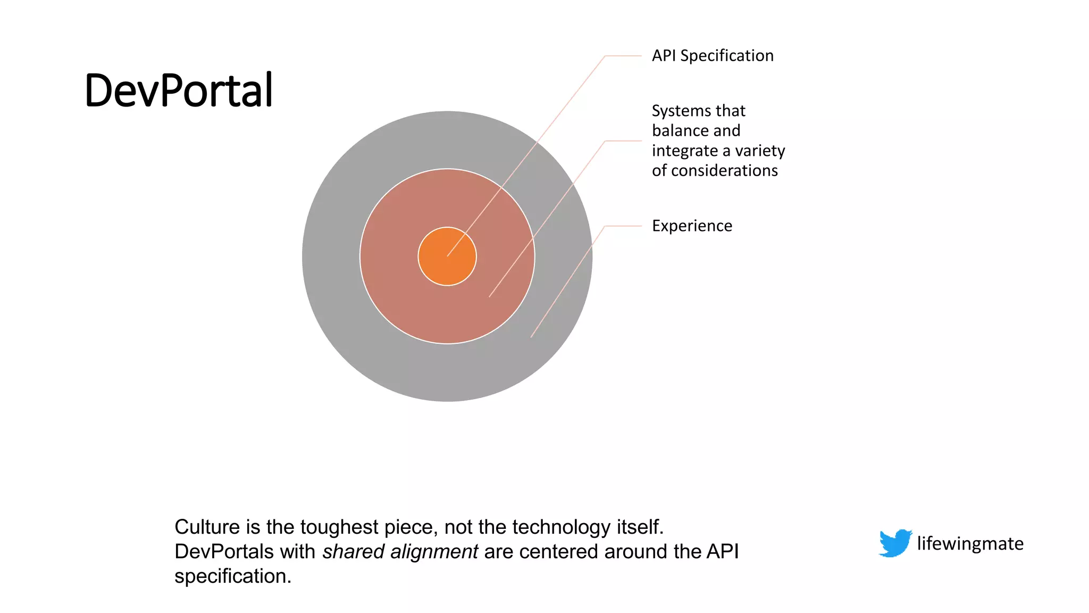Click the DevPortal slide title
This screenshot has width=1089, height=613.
(x=179, y=90)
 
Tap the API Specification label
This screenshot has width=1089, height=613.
(x=713, y=56)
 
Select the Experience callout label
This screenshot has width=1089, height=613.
(x=692, y=226)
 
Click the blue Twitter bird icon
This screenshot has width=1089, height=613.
(x=895, y=543)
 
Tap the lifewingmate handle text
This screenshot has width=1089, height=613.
(x=970, y=544)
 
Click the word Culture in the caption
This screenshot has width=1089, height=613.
(x=207, y=527)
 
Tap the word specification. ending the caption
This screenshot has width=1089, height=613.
(x=233, y=576)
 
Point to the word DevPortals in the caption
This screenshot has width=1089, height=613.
(x=224, y=552)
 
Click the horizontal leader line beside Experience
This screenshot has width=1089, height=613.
(x=623, y=226)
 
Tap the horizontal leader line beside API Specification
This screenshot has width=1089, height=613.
(x=623, y=56)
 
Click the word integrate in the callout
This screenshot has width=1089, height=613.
(x=684, y=151)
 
